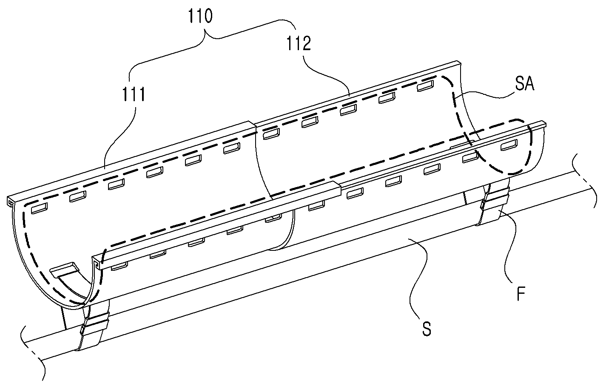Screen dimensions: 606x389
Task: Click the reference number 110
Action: [x=200, y=16]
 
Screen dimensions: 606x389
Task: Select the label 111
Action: [x=134, y=94]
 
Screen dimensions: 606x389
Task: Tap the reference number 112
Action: [x=299, y=43]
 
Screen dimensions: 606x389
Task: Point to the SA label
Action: [x=525, y=83]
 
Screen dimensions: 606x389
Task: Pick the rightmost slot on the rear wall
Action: [x=425, y=85]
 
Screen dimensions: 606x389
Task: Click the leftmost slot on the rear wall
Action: [x=40, y=208]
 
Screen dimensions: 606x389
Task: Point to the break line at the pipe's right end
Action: [x=584, y=181]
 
